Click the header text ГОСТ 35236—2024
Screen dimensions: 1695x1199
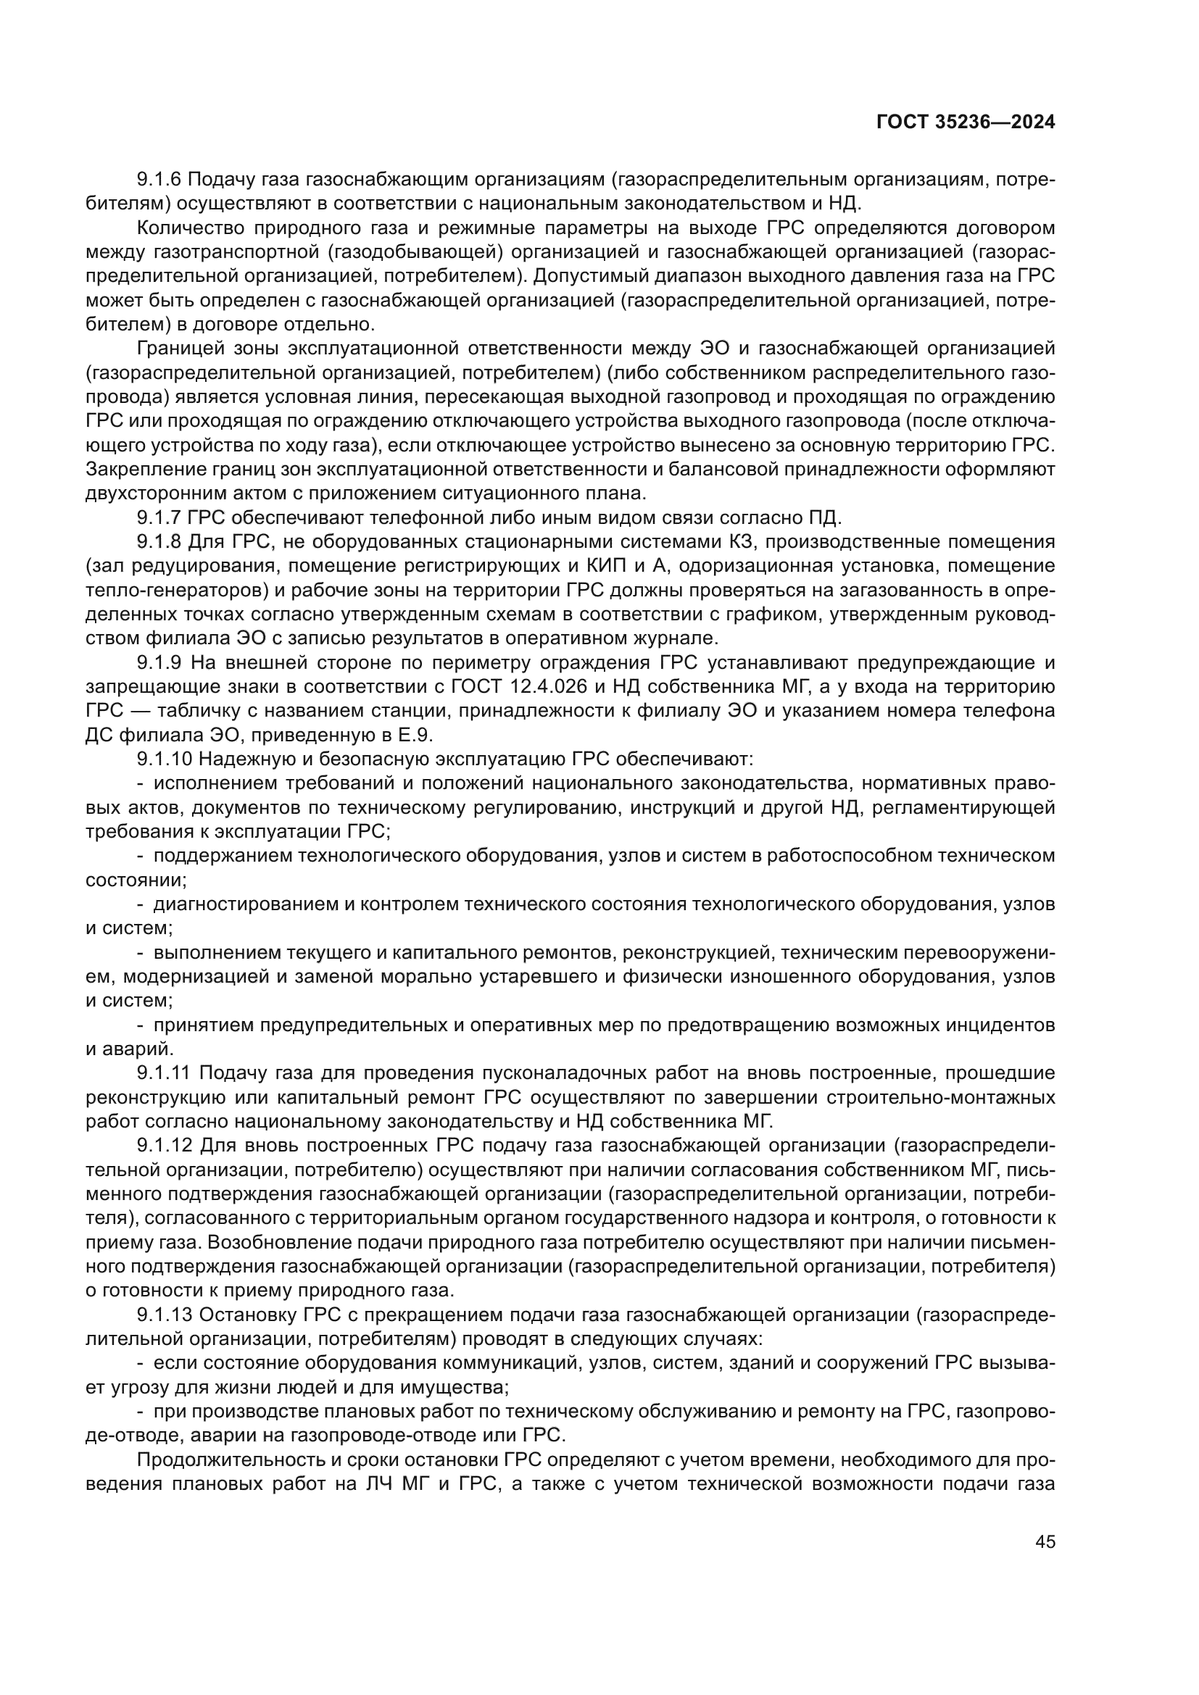965,122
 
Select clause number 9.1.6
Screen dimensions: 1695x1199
160,180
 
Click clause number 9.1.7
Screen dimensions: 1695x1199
160,517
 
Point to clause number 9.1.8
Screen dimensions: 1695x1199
160,542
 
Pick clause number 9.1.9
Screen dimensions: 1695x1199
160,663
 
